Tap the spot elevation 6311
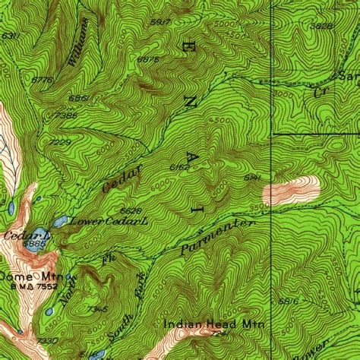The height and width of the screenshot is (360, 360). coord(10,36)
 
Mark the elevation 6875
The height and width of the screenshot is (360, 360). coord(148,59)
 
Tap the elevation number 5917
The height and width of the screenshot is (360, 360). coord(160,21)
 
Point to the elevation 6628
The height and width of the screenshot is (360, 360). coord(131,210)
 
